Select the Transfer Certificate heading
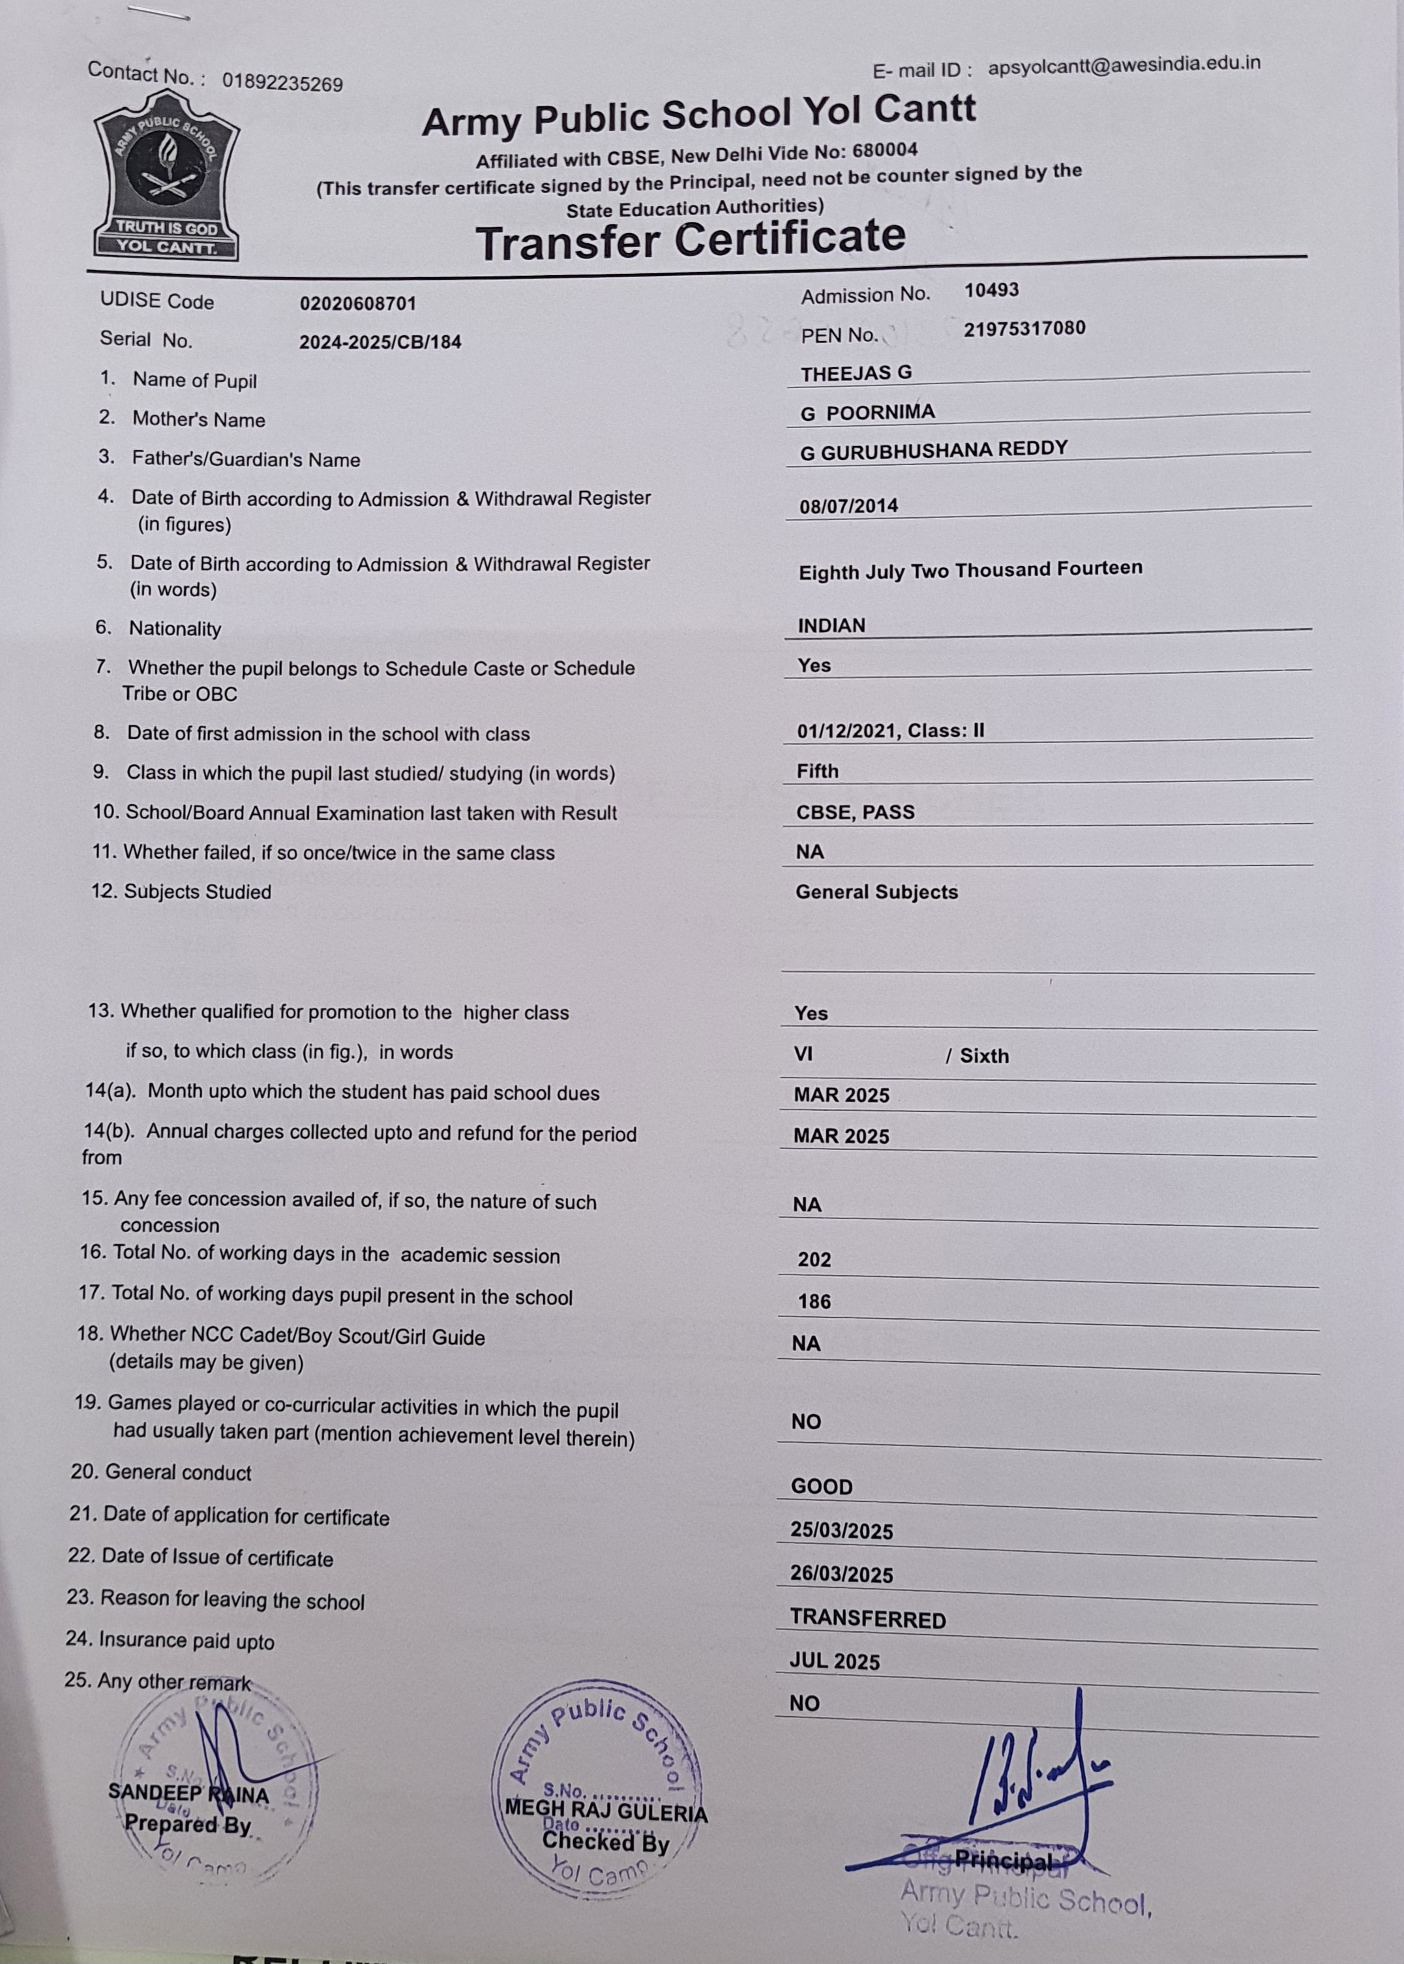pyautogui.click(x=690, y=239)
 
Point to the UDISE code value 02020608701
pyautogui.click(x=358, y=303)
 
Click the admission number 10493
pyautogui.click(x=992, y=290)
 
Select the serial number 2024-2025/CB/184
pyautogui.click(x=380, y=342)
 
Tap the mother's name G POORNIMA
pyautogui.click(x=867, y=412)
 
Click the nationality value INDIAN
pyautogui.click(x=831, y=626)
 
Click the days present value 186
pyautogui.click(x=814, y=1301)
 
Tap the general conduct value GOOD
pyautogui.click(x=821, y=1487)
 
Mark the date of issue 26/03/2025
pyautogui.click(x=841, y=1575)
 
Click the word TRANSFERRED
pyautogui.click(x=868, y=1619)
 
